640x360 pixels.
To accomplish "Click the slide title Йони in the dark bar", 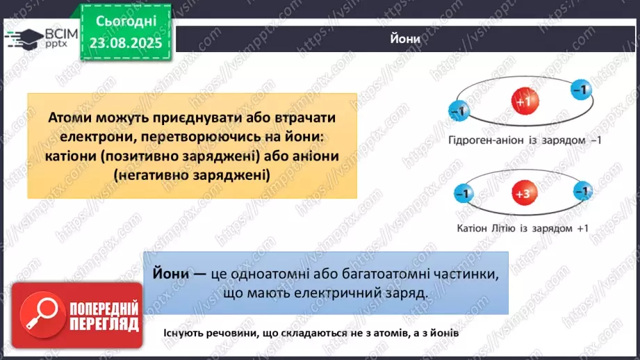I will (x=405, y=39).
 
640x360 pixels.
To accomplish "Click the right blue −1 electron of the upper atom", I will (x=581, y=89).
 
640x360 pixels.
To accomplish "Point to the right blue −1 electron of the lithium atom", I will (x=584, y=191).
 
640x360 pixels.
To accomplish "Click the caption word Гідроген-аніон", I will (x=482, y=140).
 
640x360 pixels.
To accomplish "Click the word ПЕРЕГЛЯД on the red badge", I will (x=104, y=323).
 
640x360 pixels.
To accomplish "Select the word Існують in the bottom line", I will (x=186, y=334).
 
